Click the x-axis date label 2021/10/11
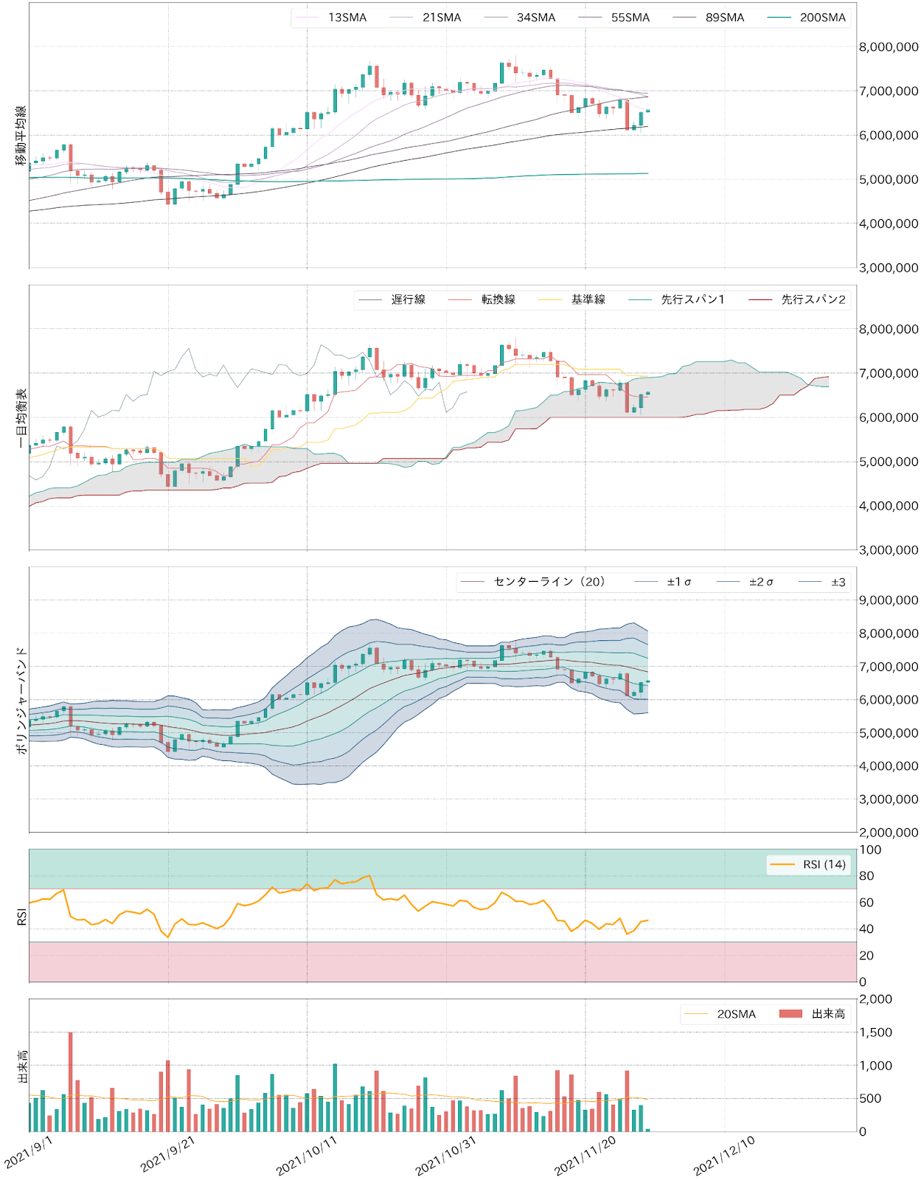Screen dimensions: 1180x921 pos(306,1156)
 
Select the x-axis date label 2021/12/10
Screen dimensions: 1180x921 pos(724,1156)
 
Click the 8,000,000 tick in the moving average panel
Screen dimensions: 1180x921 pos(889,47)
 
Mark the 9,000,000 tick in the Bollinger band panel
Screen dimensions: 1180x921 pos(889,600)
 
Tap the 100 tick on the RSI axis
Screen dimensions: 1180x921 pos(870,850)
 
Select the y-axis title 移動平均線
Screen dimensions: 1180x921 pos(21,136)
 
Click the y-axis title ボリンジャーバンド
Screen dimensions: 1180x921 pos(21,700)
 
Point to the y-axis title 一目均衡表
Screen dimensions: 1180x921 pos(21,418)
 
